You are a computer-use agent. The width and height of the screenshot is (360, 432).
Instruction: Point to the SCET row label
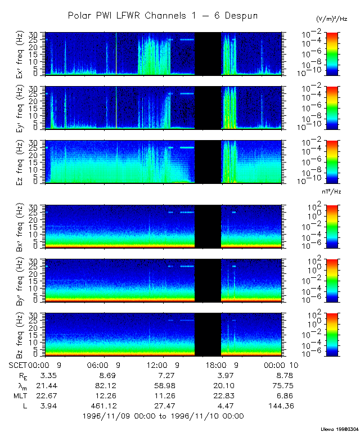(x=19, y=364)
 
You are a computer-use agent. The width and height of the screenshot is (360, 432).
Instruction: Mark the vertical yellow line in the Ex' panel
(x=116, y=53)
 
